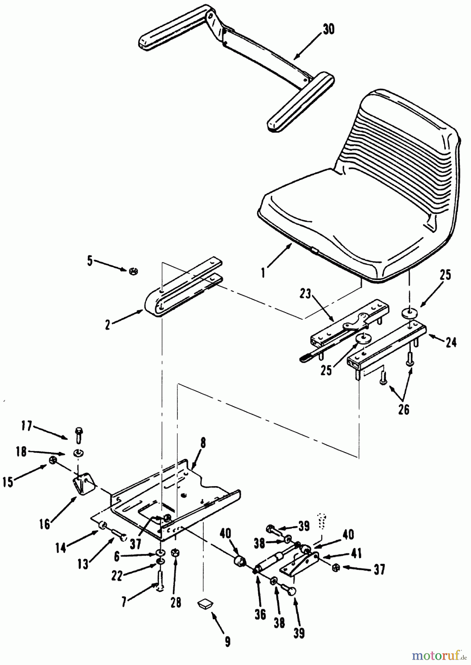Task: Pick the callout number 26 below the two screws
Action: point(404,409)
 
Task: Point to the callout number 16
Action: point(45,524)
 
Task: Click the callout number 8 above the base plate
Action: point(203,443)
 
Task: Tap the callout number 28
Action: point(176,603)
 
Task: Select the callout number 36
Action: point(260,614)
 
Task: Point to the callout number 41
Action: point(356,553)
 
